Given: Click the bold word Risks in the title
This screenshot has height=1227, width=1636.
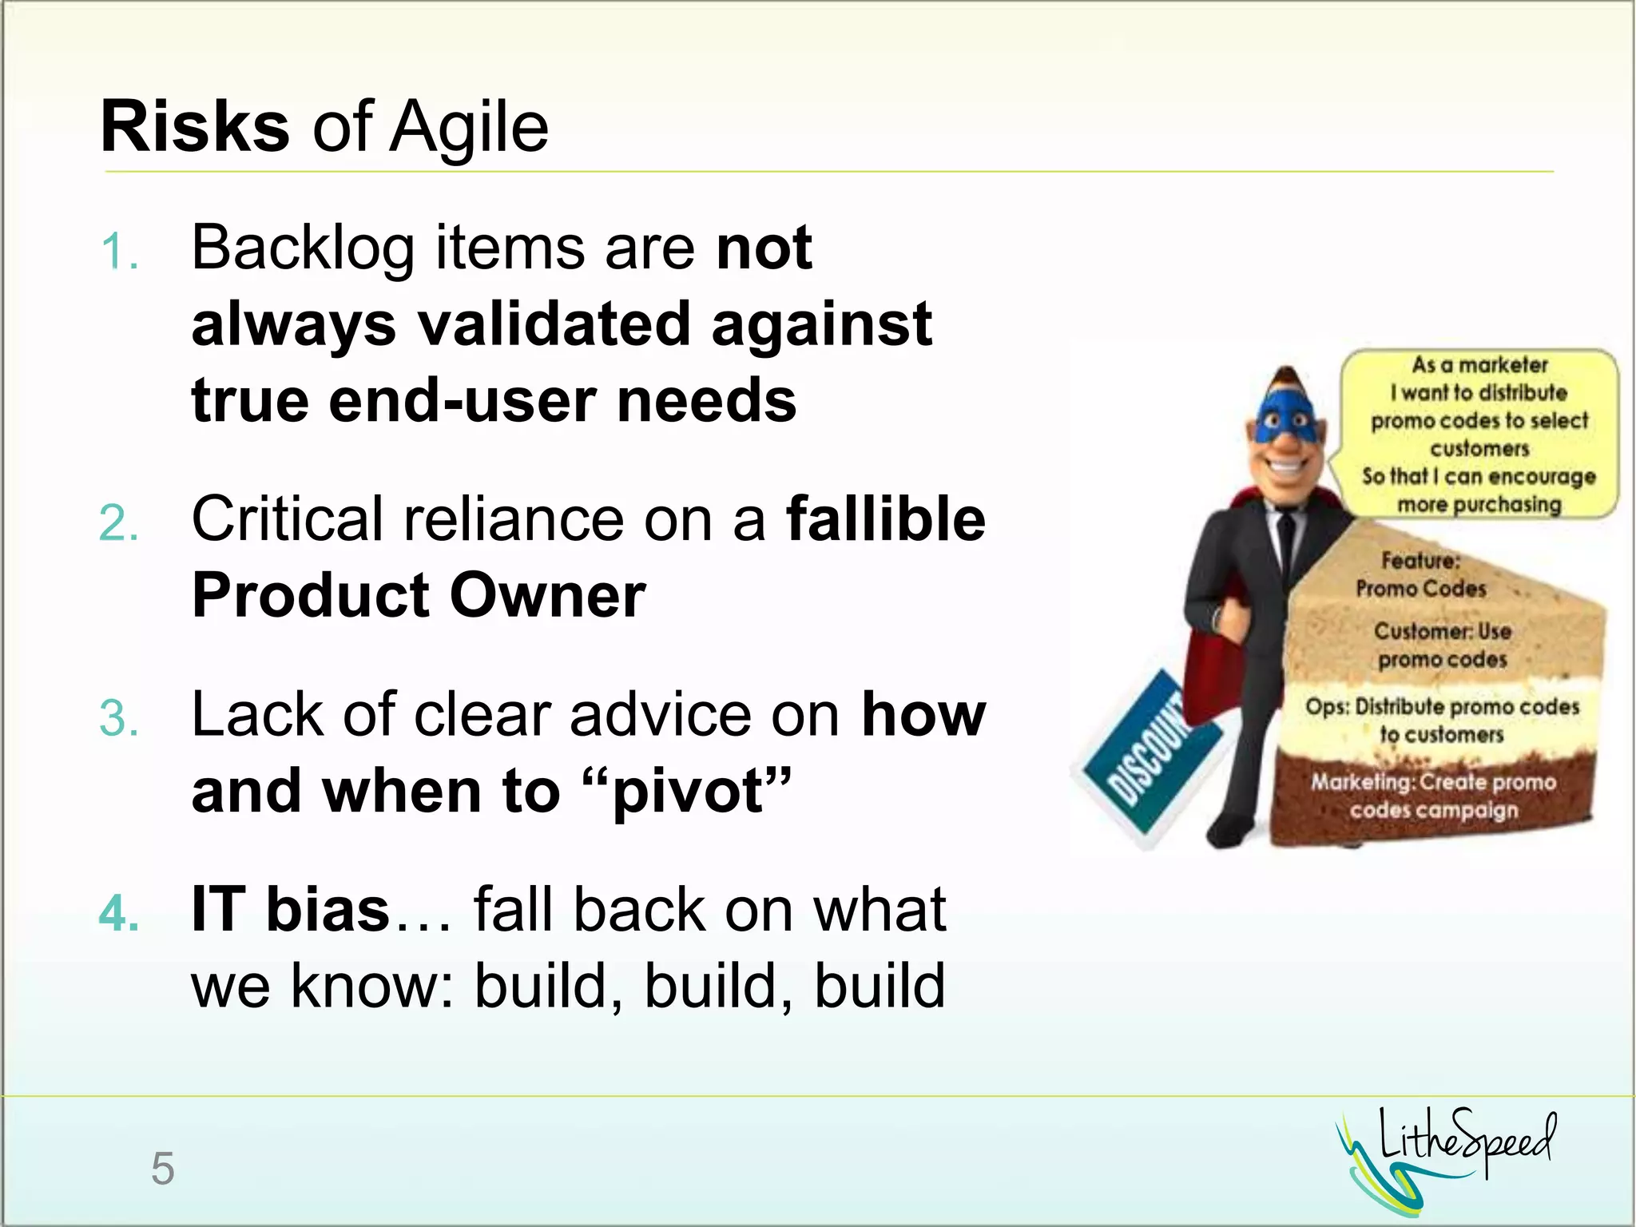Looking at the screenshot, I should click(x=194, y=128).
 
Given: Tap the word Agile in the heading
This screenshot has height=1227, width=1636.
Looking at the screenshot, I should click(x=469, y=128).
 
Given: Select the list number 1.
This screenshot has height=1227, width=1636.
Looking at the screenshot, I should click(x=120, y=252).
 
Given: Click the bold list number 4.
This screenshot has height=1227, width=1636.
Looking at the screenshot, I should click(x=120, y=913).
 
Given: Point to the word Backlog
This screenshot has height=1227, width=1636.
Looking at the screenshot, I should click(x=303, y=248).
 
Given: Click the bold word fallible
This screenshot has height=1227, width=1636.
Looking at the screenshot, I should click(x=886, y=519).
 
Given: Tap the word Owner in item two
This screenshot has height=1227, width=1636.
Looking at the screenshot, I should click(x=547, y=596).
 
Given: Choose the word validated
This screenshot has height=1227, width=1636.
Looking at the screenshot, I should click(x=554, y=325).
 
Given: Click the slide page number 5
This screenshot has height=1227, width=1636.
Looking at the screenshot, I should click(x=162, y=1169).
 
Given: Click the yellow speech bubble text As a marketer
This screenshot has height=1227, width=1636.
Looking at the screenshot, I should click(x=1479, y=365).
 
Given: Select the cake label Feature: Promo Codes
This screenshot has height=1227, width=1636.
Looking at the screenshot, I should click(x=1421, y=574).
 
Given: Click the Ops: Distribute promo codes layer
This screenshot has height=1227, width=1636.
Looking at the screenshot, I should click(x=1443, y=720).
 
